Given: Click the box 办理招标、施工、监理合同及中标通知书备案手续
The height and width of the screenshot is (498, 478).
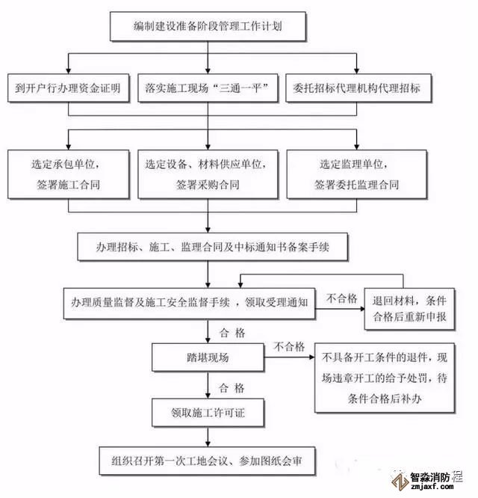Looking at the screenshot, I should click(213, 248).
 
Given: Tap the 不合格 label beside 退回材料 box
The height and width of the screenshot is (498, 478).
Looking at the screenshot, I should click(344, 298).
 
